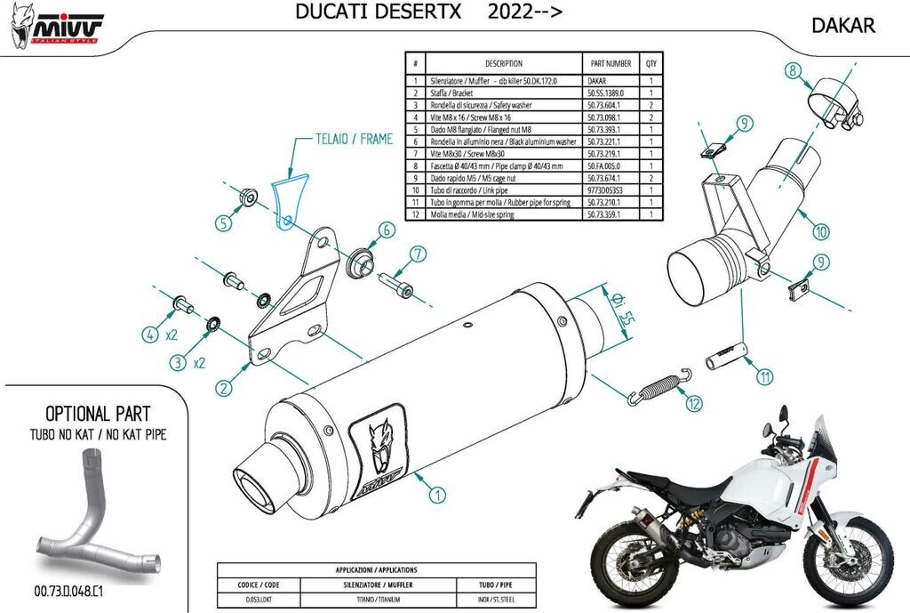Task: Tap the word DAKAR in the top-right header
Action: [842, 25]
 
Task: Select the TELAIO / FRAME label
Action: [342, 139]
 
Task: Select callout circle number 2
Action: [224, 387]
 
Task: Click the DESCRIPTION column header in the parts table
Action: [504, 64]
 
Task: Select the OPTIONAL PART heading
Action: [98, 414]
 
